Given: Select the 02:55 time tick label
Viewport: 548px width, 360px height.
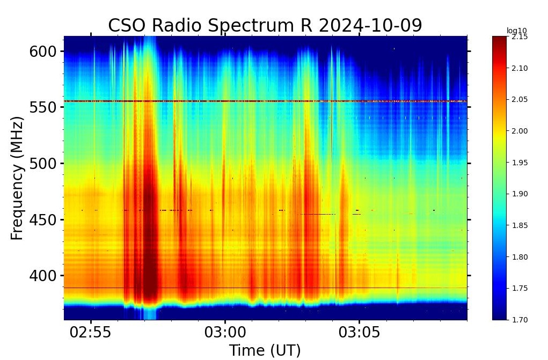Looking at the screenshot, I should tap(91, 333).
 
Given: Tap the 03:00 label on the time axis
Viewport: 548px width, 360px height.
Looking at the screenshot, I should tap(225, 333).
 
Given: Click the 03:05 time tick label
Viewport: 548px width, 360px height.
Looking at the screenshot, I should tap(359, 333).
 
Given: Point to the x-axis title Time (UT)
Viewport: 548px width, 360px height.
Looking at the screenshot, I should tap(265, 350).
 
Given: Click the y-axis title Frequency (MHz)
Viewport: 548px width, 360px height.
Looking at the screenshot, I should tap(17, 178).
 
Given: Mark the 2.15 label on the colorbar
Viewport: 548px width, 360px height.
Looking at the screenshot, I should tap(520, 37).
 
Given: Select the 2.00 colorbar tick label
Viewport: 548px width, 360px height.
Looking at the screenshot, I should tap(520, 131).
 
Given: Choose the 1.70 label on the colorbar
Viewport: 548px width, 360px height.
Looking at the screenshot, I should tap(520, 320).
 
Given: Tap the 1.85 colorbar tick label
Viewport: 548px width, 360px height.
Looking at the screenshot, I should tap(520, 225).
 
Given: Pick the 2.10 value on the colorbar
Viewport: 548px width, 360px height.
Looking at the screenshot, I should tap(520, 68).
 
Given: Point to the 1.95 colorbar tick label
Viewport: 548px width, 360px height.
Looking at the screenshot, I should tap(520, 163).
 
